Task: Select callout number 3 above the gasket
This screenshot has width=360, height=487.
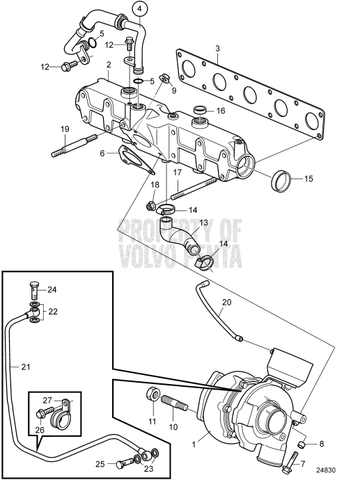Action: click(x=218, y=49)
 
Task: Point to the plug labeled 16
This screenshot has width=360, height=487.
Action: click(x=201, y=111)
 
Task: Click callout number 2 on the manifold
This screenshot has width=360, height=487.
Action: click(x=109, y=65)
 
